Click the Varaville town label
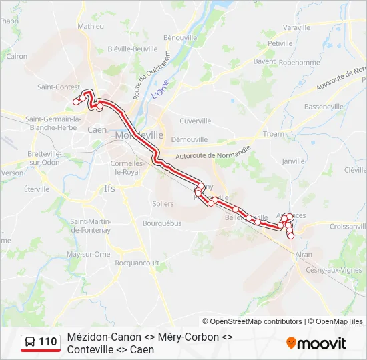coord(296,27)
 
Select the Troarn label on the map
coord(274,134)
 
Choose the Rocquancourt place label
coord(137,263)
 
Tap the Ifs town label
coord(110,189)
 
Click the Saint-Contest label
coord(59,87)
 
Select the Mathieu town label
coord(91,26)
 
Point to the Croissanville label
coord(348,226)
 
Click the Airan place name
coord(304,254)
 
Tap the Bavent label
coord(264,61)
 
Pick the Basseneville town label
coord(324,107)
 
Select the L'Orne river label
coord(159,89)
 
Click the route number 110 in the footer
coord(47,342)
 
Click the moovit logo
coord(316,343)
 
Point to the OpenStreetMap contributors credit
coord(256,321)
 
